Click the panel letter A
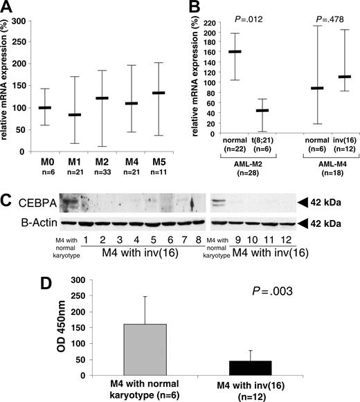9,9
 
